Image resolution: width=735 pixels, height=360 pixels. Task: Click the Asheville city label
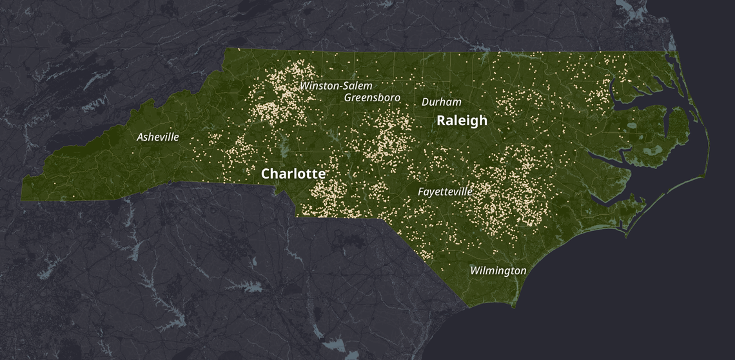point(157,137)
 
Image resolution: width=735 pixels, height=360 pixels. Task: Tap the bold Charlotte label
point(293,174)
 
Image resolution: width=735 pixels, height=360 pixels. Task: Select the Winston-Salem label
point(336,85)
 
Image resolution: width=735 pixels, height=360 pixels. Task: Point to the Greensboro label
point(372,97)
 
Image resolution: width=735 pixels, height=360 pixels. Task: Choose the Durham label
point(441,102)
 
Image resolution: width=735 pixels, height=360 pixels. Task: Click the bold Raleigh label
point(462,121)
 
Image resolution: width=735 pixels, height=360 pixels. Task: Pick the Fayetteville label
point(445,192)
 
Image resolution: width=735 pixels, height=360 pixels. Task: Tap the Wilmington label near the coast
point(498,270)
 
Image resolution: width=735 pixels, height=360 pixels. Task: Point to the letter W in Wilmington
point(475,270)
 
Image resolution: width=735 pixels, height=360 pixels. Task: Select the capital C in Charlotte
point(266,174)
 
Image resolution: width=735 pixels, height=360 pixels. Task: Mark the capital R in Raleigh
point(442,121)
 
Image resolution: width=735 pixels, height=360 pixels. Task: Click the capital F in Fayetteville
point(421,192)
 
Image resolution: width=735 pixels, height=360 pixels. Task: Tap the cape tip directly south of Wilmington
point(513,306)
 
